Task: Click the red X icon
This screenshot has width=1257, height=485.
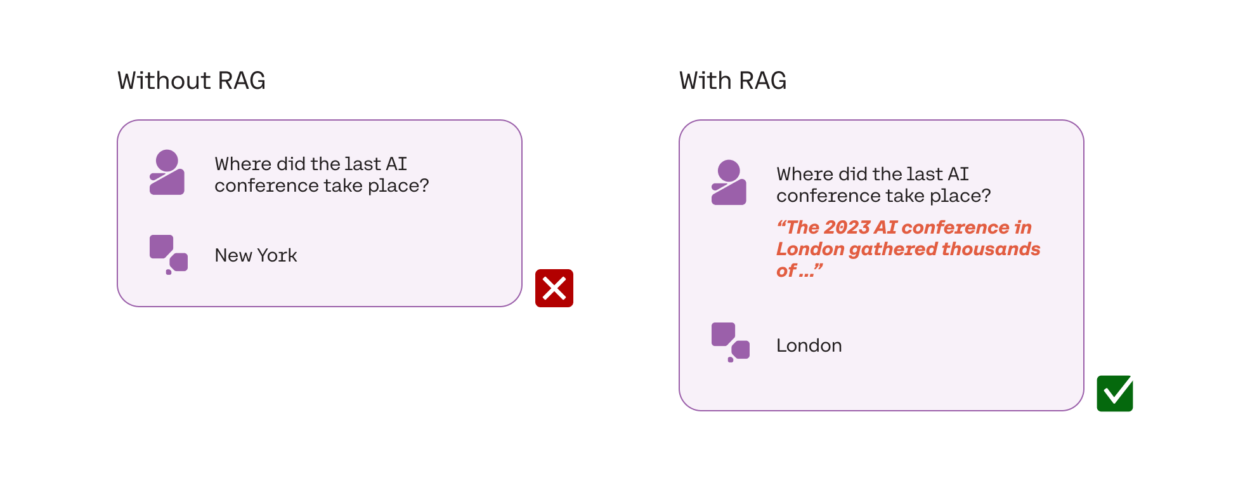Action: [x=554, y=288]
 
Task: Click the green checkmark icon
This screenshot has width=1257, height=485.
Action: [x=1115, y=394]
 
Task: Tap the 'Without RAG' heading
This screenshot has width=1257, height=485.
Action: [x=192, y=81]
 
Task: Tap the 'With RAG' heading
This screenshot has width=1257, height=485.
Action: [x=733, y=81]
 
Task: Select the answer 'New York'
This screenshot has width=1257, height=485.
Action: [x=256, y=255]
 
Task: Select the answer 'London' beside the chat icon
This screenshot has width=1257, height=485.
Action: [x=809, y=345]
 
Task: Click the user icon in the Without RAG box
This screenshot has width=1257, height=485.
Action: [x=167, y=172]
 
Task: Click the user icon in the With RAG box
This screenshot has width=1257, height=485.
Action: [x=729, y=182]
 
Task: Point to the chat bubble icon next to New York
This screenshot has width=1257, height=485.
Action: [x=169, y=255]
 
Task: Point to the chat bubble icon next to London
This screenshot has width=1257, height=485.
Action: [x=731, y=342]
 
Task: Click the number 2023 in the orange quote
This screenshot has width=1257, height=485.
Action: [x=847, y=227]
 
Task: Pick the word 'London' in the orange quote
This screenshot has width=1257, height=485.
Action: [x=810, y=249]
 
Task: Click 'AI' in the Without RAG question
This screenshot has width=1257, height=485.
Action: [x=396, y=164]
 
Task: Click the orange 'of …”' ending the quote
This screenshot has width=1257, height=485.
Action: [x=800, y=270]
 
